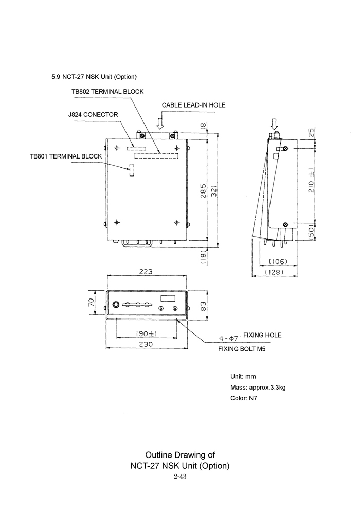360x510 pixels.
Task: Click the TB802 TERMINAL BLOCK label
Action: (x=107, y=92)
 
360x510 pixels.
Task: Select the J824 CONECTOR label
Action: (x=93, y=114)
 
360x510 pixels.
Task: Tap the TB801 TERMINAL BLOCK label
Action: (x=66, y=156)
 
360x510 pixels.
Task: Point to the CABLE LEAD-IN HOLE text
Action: (x=194, y=105)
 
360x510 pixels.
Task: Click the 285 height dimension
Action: (x=203, y=192)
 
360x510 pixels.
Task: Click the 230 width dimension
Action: (x=146, y=344)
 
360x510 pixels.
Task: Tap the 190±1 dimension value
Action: (x=146, y=333)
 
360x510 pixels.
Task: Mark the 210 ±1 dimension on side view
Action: (x=311, y=181)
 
